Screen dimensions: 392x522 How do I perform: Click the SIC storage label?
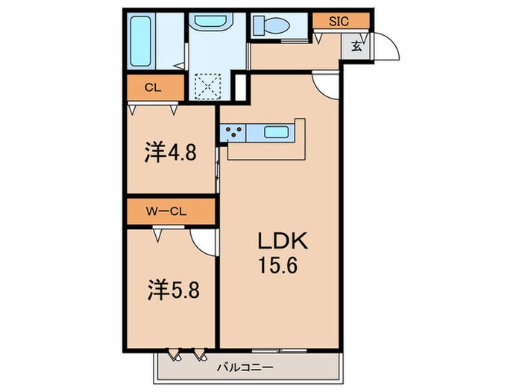(339, 22)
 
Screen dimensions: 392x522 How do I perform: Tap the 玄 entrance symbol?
(356, 46)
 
